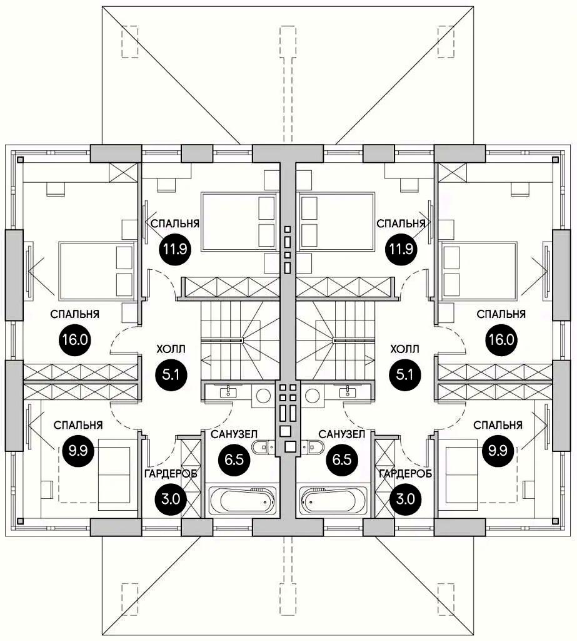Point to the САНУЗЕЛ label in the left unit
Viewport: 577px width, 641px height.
point(231,434)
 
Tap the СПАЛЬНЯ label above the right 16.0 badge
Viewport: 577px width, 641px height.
point(501,313)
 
